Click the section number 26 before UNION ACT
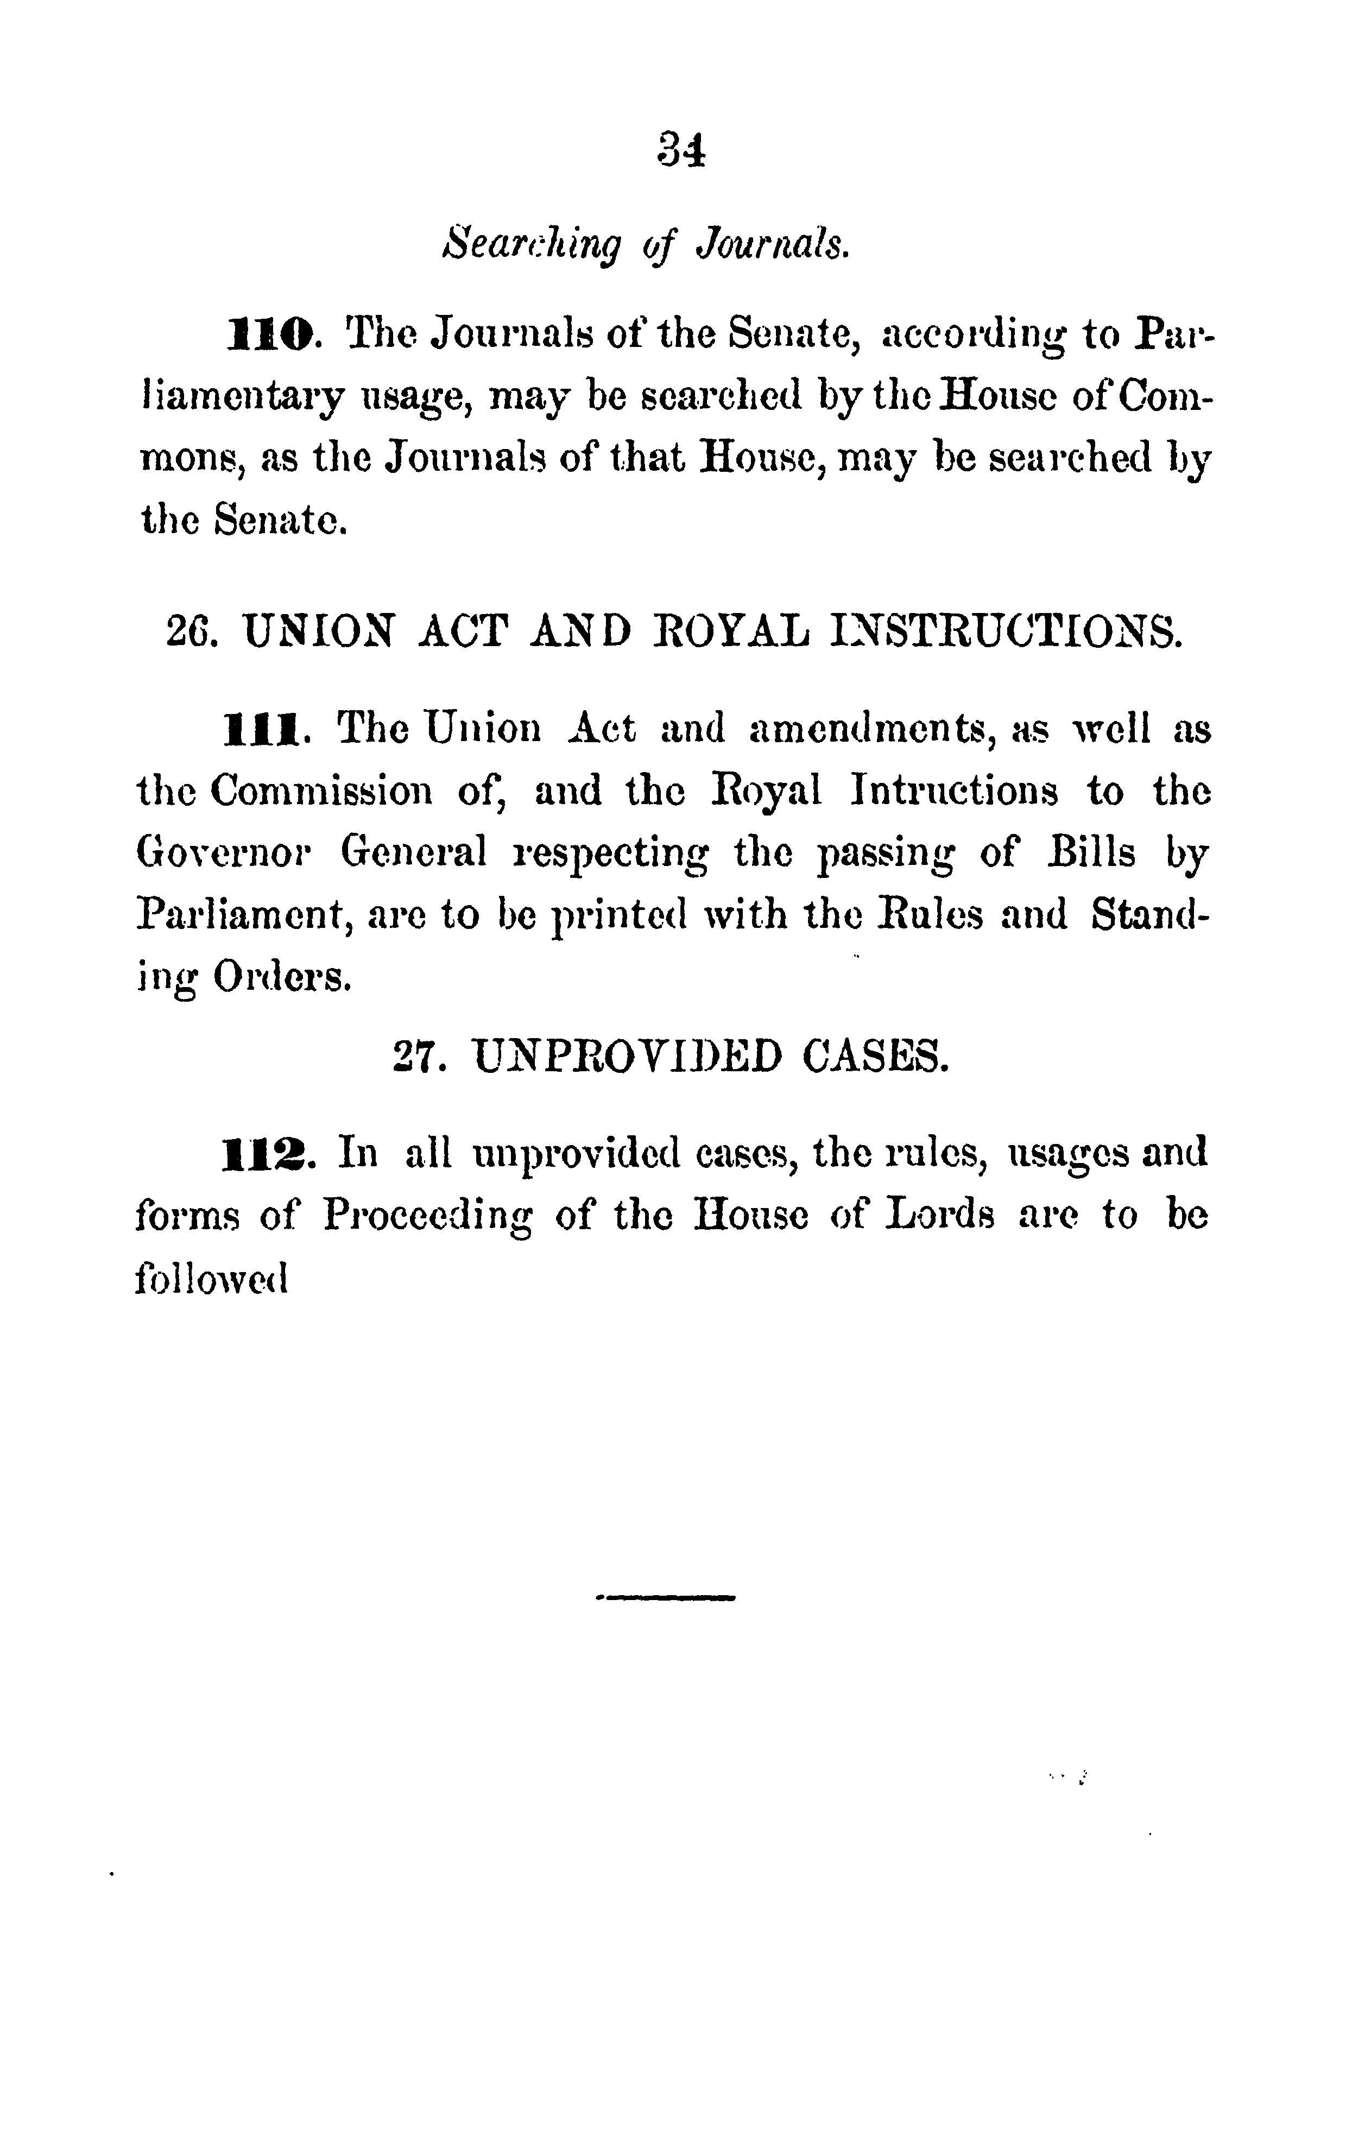tap(187, 632)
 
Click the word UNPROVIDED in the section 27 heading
tap(628, 1057)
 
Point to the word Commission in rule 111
tap(321, 791)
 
